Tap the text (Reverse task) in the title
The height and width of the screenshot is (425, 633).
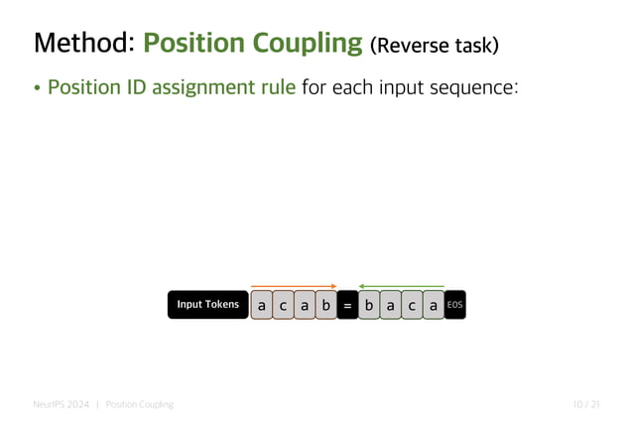tap(433, 46)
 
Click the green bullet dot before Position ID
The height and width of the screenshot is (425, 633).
tap(38, 88)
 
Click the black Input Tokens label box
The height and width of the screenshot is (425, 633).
tap(207, 305)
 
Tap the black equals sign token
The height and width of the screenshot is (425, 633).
tap(347, 306)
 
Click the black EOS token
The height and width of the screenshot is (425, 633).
tap(454, 305)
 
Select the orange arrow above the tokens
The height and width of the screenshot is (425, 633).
tap(294, 286)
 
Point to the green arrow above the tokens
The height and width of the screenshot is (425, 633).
tap(401, 286)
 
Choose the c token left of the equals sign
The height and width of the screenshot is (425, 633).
tap(283, 306)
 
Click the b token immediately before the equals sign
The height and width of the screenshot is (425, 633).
tap(325, 306)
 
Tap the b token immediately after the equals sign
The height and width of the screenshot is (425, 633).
tap(369, 306)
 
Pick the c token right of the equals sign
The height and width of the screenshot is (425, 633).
tap(412, 306)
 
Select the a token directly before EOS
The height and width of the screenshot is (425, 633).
tap(433, 306)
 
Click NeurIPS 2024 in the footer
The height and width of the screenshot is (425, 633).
tap(60, 404)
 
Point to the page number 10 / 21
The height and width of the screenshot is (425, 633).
tap(586, 404)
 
